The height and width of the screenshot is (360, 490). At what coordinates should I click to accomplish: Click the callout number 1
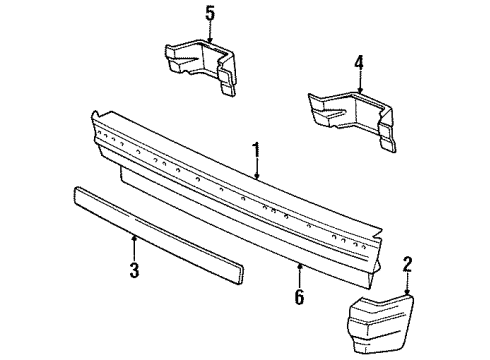point(257,151)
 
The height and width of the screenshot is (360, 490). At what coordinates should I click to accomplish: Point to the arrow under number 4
point(358,87)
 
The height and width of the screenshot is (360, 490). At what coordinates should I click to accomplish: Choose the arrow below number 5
point(209,35)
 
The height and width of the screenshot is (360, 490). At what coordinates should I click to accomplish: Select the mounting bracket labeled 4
point(350,112)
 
